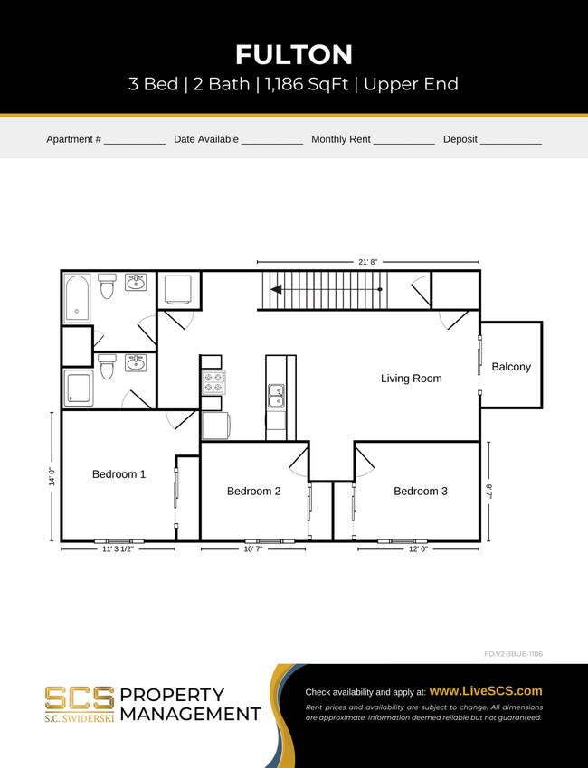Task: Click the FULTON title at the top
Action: pyautogui.click(x=294, y=54)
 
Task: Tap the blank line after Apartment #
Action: pyautogui.click(x=134, y=141)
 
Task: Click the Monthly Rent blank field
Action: pyautogui.click(x=403, y=141)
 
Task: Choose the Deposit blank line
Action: pyautogui.click(x=510, y=141)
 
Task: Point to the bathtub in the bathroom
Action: pyautogui.click(x=77, y=298)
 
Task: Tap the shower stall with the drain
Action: pyautogui.click(x=78, y=388)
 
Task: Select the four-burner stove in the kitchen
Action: pyautogui.click(x=213, y=381)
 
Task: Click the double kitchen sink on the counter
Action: pyautogui.click(x=276, y=395)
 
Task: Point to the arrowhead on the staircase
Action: pyautogui.click(x=274, y=290)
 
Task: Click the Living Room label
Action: pyautogui.click(x=411, y=379)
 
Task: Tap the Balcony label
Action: pyautogui.click(x=511, y=367)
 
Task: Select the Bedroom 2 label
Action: pyautogui.click(x=253, y=491)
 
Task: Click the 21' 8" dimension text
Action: pyautogui.click(x=367, y=262)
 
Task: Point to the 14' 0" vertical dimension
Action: pyautogui.click(x=52, y=476)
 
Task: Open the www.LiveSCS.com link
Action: pyautogui.click(x=485, y=690)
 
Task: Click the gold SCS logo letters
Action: pyautogui.click(x=80, y=698)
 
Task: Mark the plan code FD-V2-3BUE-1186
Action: pyautogui.click(x=513, y=653)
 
